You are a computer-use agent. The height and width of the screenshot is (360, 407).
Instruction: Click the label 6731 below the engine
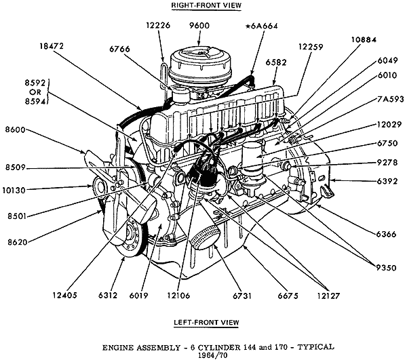242,295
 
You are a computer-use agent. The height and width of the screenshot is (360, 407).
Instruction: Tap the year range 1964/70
200,355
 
